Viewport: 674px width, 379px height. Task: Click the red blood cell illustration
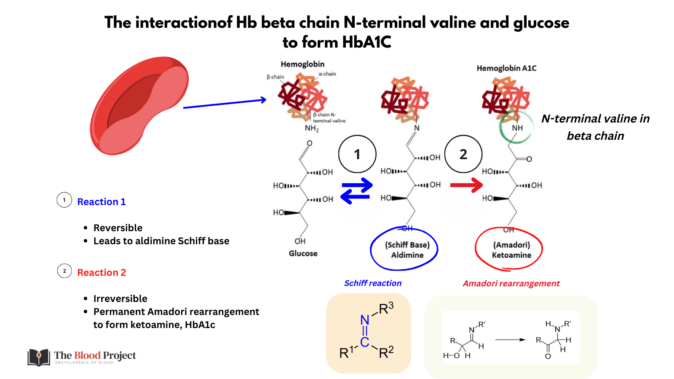[x=139, y=105]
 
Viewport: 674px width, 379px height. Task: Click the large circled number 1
[x=357, y=154]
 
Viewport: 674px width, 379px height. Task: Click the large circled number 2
[x=463, y=154]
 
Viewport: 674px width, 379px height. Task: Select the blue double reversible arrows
[x=357, y=190]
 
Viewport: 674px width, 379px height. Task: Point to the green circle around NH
[x=516, y=127]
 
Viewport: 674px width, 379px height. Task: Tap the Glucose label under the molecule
[x=303, y=254]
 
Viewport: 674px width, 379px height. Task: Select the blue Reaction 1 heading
[x=102, y=202]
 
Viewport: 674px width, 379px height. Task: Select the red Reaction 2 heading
[x=102, y=272]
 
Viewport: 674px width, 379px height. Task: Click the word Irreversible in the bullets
[x=120, y=299]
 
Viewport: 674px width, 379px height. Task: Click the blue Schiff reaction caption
[x=373, y=283]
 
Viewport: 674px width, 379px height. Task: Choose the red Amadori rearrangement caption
[x=511, y=283]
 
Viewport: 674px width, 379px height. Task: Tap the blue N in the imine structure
[x=365, y=320]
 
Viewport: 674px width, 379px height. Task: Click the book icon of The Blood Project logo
[x=38, y=358]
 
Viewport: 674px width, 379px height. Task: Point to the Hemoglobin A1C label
[x=506, y=68]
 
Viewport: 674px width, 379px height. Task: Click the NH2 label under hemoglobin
[x=312, y=128]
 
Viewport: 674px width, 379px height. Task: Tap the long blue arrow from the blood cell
[x=225, y=104]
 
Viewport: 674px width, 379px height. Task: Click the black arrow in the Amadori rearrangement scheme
[x=510, y=339]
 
